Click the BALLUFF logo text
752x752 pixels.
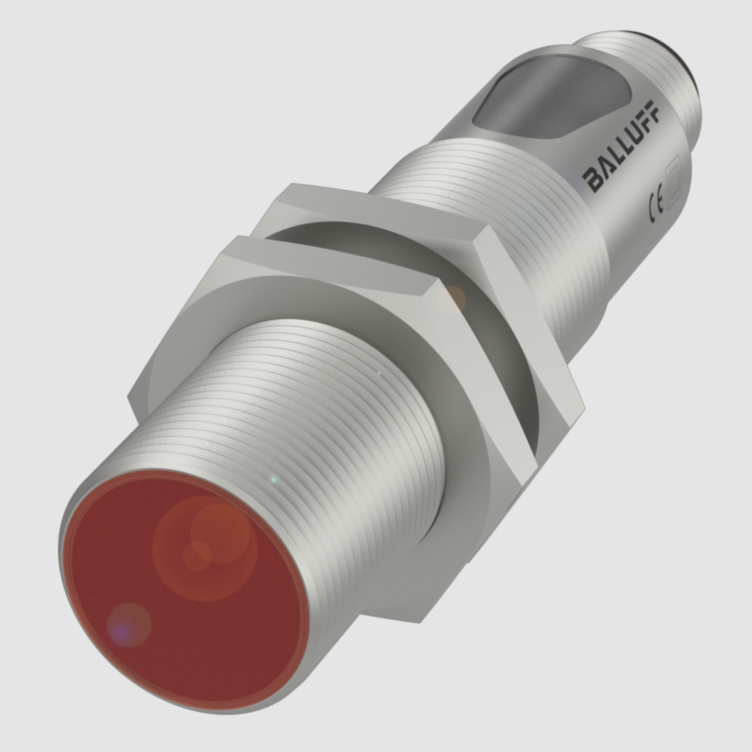(x=622, y=146)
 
